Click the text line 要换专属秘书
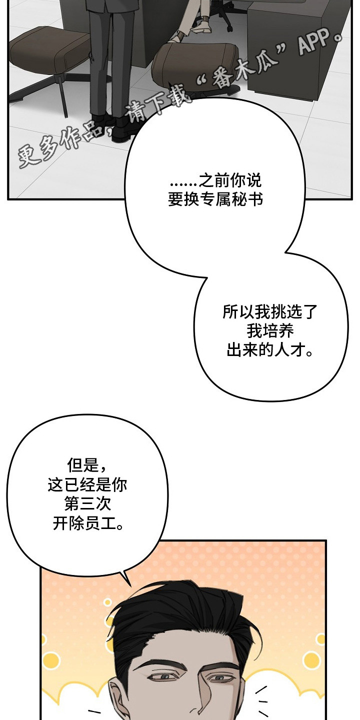tap(215, 200)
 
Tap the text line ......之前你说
tap(215, 180)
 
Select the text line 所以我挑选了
tap(270, 312)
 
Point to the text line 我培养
tap(270, 331)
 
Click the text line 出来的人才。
tap(270, 350)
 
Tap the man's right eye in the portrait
tap(220, 677)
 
